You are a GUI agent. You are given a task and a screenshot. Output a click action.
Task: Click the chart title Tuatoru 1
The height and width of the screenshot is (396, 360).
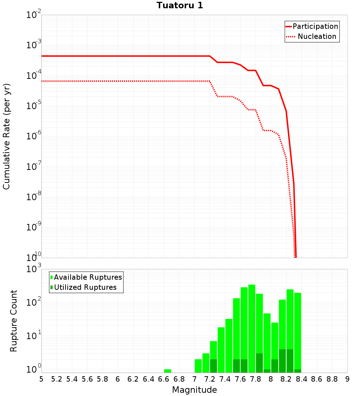coord(180,6)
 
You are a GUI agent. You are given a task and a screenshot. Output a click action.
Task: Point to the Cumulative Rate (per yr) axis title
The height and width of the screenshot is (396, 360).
coord(6,136)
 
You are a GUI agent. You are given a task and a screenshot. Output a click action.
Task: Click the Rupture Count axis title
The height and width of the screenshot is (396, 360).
coord(14,320)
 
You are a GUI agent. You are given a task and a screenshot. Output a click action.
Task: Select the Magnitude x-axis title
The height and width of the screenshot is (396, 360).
coord(194,390)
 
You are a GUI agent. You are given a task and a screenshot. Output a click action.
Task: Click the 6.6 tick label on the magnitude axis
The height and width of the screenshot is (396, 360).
coord(164,379)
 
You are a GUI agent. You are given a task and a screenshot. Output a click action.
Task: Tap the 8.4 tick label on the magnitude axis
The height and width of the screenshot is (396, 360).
coord(302,379)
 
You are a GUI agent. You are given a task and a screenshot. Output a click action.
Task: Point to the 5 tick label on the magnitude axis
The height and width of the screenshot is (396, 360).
coord(41,379)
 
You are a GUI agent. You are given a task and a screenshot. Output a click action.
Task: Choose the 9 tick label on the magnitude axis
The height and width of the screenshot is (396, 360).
coord(347,379)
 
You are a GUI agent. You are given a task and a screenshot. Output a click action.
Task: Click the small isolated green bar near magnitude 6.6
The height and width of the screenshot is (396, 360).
coord(167,371)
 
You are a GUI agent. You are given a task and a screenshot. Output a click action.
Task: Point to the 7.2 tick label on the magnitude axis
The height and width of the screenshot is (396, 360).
coord(210,379)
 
